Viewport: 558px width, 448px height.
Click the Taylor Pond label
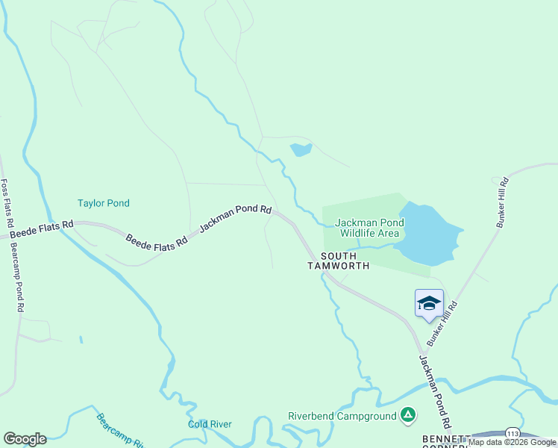(103, 203)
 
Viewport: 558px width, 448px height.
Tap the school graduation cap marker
(429, 303)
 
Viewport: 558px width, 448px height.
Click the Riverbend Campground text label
(341, 416)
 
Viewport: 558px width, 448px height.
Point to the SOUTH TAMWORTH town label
(338, 261)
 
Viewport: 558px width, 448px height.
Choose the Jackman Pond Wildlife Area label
(369, 228)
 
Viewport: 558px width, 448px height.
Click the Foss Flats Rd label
(6, 204)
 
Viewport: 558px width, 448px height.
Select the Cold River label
(210, 424)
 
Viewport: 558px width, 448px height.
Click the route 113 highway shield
(512, 433)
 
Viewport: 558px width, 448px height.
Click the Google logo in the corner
(25, 438)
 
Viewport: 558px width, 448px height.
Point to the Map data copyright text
(512, 442)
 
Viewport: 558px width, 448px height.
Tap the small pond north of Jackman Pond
(301, 149)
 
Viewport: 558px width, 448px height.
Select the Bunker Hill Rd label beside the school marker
(441, 323)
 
